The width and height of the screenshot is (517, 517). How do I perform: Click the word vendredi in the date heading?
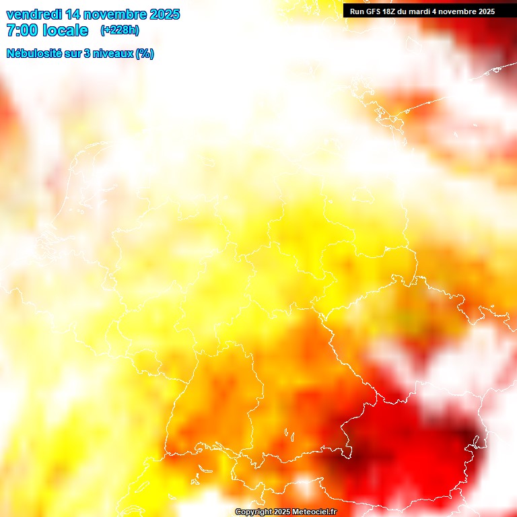coord(34,14)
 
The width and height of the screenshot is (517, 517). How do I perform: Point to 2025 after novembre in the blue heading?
coord(165,14)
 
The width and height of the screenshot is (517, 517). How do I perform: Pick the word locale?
coord(65,30)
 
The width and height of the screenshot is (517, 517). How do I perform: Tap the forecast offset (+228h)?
coord(120,30)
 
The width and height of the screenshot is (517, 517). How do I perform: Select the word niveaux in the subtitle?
coord(112,54)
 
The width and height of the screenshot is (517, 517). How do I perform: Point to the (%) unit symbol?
coord(145,54)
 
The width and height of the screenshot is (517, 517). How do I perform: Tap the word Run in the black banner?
coord(357,11)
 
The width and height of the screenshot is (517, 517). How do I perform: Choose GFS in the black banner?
coord(374,11)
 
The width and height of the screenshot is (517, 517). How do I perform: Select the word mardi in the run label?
coord(423,11)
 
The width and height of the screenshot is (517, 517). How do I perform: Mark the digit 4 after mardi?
coord(438,11)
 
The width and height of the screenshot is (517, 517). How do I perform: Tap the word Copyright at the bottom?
coord(254,512)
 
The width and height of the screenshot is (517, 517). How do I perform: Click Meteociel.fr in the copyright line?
coord(315,512)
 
